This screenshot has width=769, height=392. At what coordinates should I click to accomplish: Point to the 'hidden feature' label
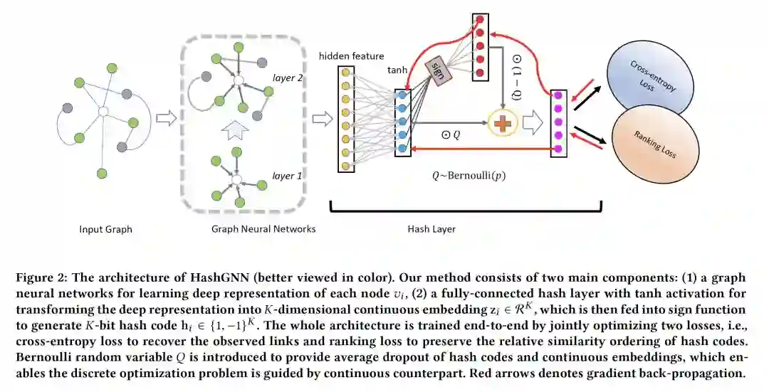point(352,56)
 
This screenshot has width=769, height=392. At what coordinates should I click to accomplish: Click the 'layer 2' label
point(288,78)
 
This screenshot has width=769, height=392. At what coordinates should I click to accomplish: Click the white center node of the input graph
point(104,112)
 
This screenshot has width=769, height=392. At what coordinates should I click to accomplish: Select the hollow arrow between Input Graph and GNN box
point(165,117)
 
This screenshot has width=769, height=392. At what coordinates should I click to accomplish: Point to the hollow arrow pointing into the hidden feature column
point(323,119)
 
